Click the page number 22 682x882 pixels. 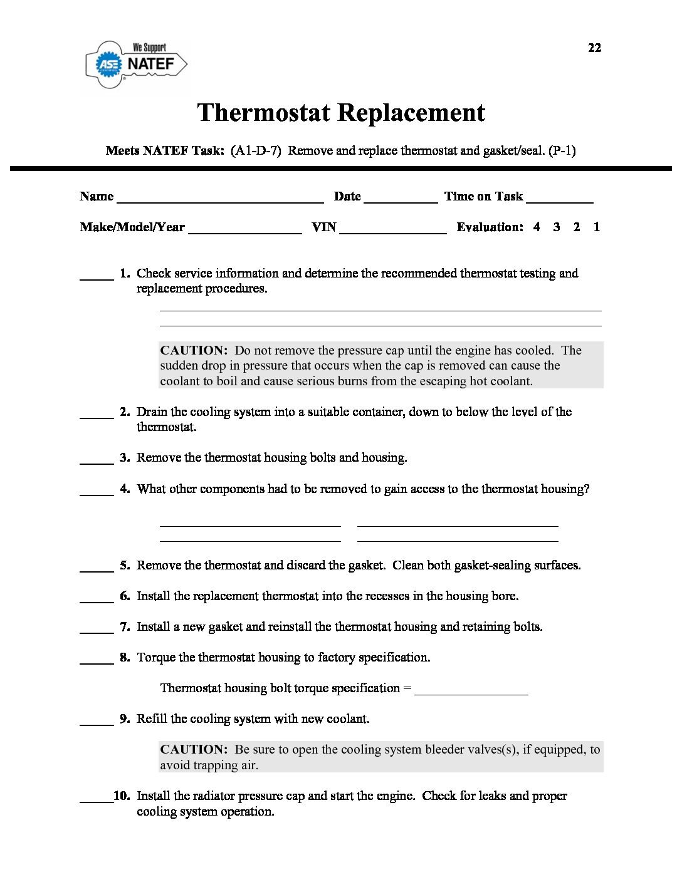594,48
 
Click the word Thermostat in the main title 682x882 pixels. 264,113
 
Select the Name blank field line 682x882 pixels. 220,200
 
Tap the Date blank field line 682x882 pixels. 401,200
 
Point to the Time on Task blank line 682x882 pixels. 560,200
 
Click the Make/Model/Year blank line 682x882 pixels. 244,231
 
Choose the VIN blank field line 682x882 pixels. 392,231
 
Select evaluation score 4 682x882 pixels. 537,227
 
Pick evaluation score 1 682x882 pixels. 597,227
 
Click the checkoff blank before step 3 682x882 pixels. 97,462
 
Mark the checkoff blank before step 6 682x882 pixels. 97,600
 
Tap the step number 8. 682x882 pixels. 125,657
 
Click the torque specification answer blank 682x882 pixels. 471,692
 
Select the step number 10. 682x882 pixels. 122,796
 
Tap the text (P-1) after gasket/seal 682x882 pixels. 562,150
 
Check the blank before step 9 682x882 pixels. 97,723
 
